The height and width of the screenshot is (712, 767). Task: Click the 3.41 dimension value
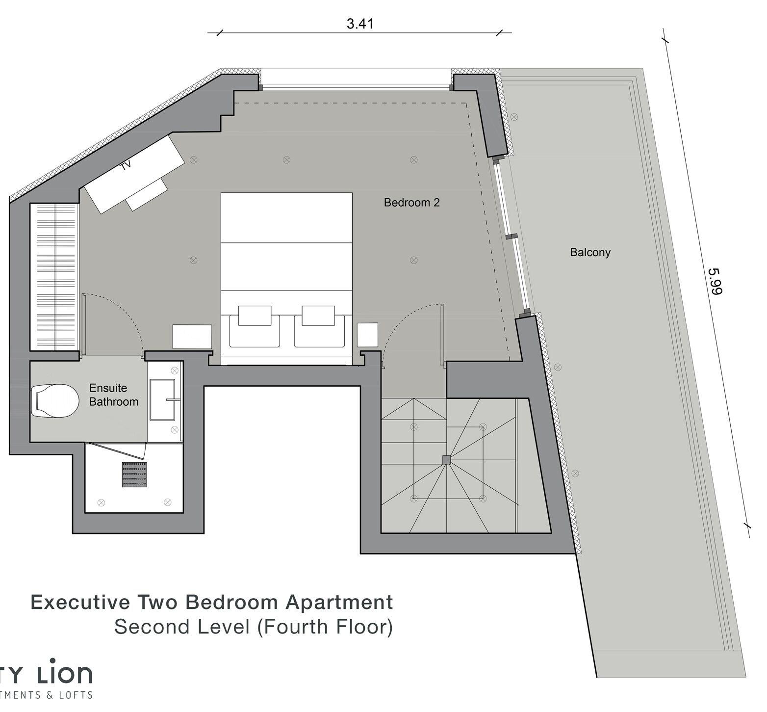click(360, 24)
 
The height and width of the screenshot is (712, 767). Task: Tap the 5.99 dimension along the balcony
click(716, 281)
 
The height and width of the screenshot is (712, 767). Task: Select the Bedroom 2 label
click(411, 202)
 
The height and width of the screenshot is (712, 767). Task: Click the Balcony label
click(590, 252)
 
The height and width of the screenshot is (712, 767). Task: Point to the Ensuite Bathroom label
click(113, 395)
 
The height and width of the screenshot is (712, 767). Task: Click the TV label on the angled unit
click(127, 165)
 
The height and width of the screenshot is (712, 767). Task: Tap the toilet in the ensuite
click(55, 401)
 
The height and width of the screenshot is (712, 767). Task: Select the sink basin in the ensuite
click(162, 399)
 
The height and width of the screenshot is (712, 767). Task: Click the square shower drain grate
click(134, 475)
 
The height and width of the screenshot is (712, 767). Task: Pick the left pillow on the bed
click(255, 316)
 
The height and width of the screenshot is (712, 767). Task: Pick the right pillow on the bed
click(318, 316)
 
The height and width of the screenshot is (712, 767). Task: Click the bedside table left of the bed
click(192, 337)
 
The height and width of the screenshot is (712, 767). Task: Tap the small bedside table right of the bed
click(367, 335)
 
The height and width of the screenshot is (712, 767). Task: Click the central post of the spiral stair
click(446, 460)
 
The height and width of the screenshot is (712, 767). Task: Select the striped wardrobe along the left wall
click(54, 277)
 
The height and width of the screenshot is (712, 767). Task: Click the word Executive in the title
click(80, 602)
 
